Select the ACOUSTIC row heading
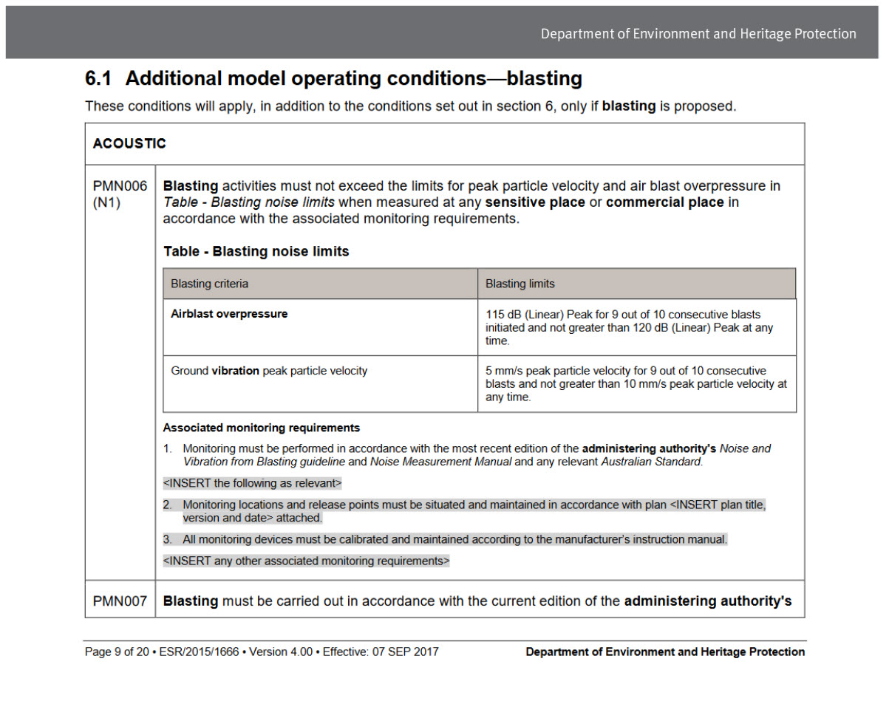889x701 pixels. [x=129, y=144]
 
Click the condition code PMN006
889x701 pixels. [x=120, y=186]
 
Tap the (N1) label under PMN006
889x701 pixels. [x=106, y=202]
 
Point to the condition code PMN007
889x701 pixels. [x=120, y=601]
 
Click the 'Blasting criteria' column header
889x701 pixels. [x=209, y=284]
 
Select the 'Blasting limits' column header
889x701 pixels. [x=520, y=284]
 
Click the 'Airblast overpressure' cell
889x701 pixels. [x=229, y=314]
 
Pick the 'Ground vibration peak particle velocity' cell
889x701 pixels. [x=269, y=371]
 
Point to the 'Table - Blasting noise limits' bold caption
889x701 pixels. [x=256, y=252]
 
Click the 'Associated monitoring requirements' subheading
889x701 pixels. [x=261, y=428]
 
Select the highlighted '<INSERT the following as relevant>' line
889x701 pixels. [x=252, y=484]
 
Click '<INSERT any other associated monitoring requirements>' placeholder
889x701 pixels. [x=306, y=561]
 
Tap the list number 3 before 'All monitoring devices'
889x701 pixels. [x=168, y=540]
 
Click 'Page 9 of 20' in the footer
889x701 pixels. [x=117, y=652]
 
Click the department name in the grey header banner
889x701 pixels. [x=698, y=34]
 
